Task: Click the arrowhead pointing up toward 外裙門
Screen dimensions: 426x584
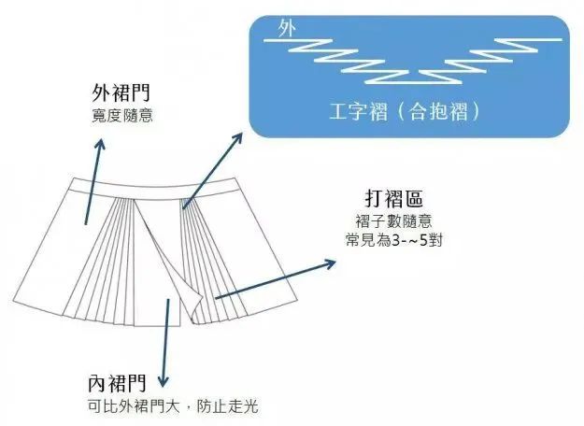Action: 100,146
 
